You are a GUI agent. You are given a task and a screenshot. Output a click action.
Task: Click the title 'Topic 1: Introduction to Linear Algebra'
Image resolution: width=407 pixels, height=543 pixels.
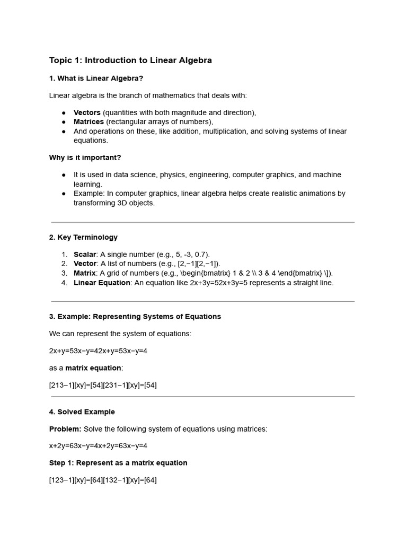(130, 60)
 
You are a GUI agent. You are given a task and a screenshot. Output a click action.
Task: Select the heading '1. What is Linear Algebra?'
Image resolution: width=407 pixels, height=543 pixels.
(96, 78)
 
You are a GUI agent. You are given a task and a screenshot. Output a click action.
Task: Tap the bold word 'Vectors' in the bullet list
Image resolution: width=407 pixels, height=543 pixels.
(87, 112)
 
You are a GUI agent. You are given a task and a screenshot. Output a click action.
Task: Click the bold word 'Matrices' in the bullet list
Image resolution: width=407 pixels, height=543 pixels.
(89, 122)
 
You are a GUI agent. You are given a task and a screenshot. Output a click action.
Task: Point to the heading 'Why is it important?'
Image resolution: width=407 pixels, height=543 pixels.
(85, 157)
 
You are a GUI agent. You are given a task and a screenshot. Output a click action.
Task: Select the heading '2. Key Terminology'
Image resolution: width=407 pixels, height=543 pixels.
(83, 238)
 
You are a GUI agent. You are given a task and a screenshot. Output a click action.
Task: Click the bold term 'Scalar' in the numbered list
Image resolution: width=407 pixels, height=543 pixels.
(85, 255)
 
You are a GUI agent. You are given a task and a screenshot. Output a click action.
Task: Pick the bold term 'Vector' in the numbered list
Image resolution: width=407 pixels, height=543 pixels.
(85, 264)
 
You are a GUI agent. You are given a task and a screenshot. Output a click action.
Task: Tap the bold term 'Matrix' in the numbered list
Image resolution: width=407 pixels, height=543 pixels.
(84, 273)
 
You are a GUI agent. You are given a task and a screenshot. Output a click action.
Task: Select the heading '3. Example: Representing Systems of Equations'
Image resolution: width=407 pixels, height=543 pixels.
(135, 317)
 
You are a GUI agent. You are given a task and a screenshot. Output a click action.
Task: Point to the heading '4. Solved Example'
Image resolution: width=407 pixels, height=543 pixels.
(82, 412)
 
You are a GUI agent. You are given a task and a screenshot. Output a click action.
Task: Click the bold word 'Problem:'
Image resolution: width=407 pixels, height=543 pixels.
(65, 429)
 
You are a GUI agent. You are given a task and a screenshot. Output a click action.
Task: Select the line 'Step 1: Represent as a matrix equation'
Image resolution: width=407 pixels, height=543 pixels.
(118, 463)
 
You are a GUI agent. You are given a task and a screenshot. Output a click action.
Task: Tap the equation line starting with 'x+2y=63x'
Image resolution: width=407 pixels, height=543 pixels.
(98, 446)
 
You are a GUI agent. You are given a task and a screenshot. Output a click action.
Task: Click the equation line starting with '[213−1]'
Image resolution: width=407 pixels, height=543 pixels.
(103, 386)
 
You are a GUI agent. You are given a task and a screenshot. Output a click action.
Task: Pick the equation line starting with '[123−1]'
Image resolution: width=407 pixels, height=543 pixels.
(103, 480)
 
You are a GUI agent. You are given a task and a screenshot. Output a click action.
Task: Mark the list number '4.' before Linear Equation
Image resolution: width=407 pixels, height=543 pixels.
(64, 283)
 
